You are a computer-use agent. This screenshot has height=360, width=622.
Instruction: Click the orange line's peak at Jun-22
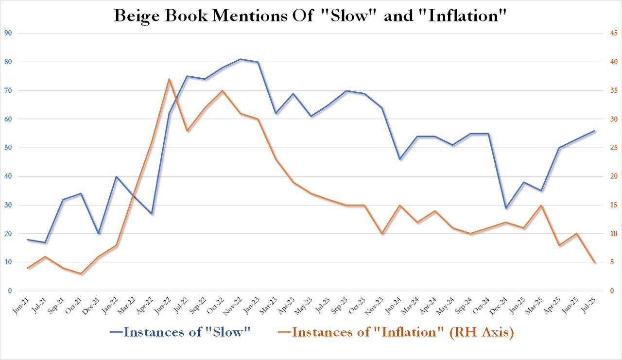point(169,79)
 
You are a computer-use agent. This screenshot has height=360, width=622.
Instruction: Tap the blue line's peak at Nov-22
point(240,59)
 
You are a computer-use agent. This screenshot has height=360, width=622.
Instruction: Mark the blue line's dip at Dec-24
point(506,208)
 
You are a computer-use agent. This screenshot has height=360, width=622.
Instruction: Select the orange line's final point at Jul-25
point(594,263)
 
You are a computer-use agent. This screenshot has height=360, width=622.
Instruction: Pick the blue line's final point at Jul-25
point(594,131)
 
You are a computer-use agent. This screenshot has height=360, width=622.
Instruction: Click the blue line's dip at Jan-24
point(399,159)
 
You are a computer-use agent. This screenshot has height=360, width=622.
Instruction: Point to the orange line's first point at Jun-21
point(28,268)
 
